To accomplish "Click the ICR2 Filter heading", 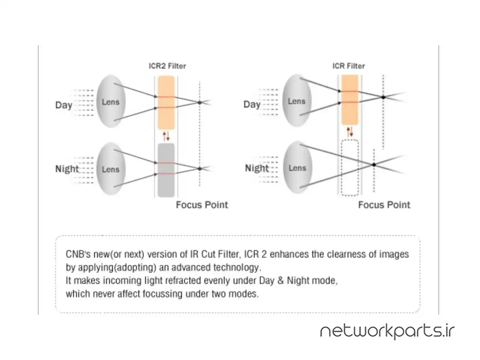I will (x=167, y=66).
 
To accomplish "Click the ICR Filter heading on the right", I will (x=348, y=66).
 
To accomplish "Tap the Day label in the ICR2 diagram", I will (x=64, y=105).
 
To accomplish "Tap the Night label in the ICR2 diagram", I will (x=67, y=169).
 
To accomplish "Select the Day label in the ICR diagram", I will (x=252, y=104).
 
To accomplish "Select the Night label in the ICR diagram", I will (x=257, y=168).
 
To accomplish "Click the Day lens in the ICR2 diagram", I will (x=110, y=102).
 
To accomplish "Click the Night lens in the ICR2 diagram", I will (x=110, y=169).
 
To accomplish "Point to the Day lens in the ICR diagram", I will (x=297, y=101).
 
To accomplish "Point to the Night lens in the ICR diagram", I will (x=297, y=168).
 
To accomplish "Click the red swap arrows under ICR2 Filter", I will (x=166, y=136).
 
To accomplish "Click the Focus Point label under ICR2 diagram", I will (x=202, y=205).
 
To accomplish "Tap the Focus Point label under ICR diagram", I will (x=384, y=205).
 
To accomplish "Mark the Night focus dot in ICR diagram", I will (x=374, y=165).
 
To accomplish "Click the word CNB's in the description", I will (x=78, y=254).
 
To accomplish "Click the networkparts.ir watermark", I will (x=387, y=331).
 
